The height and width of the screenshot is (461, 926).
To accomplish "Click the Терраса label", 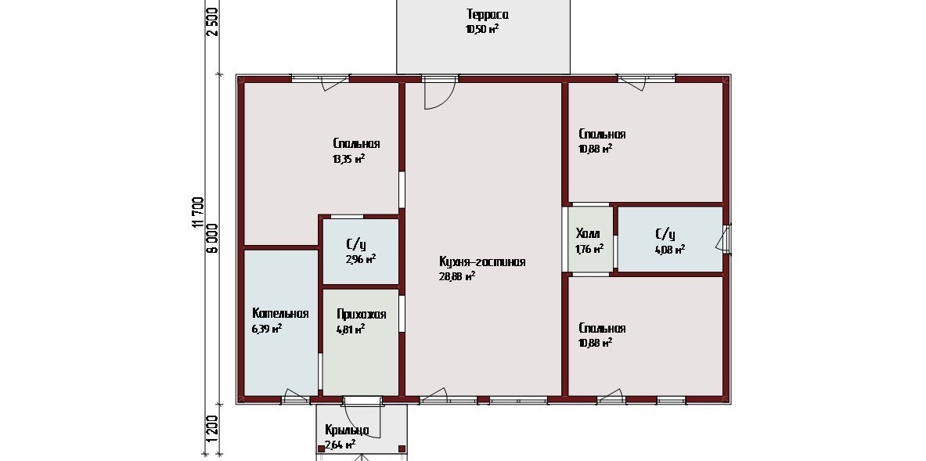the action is (487, 15).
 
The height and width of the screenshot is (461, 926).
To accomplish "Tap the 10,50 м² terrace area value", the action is (482, 29).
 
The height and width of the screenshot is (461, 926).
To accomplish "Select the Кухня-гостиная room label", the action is (482, 262).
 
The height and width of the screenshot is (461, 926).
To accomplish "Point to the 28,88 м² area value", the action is (457, 276).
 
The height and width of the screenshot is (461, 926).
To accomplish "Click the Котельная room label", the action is (280, 313).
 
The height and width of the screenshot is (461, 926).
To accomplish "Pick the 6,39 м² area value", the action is (266, 329).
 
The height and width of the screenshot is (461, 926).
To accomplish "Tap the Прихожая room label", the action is (362, 315).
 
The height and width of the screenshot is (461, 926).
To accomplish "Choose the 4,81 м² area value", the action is (351, 330).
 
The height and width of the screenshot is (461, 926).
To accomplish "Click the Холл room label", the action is (587, 234).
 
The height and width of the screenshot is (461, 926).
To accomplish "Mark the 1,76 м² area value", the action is (589, 249).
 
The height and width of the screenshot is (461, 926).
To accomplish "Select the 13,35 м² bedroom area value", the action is (348, 158).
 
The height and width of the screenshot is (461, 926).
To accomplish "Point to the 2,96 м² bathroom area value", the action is (361, 258).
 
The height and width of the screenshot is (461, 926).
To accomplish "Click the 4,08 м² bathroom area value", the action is (670, 249).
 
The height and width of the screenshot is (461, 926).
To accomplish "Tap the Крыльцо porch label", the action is (348, 430).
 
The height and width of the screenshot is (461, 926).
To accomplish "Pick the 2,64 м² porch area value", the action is (340, 445).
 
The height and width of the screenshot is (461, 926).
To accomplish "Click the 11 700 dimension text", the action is (198, 212).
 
